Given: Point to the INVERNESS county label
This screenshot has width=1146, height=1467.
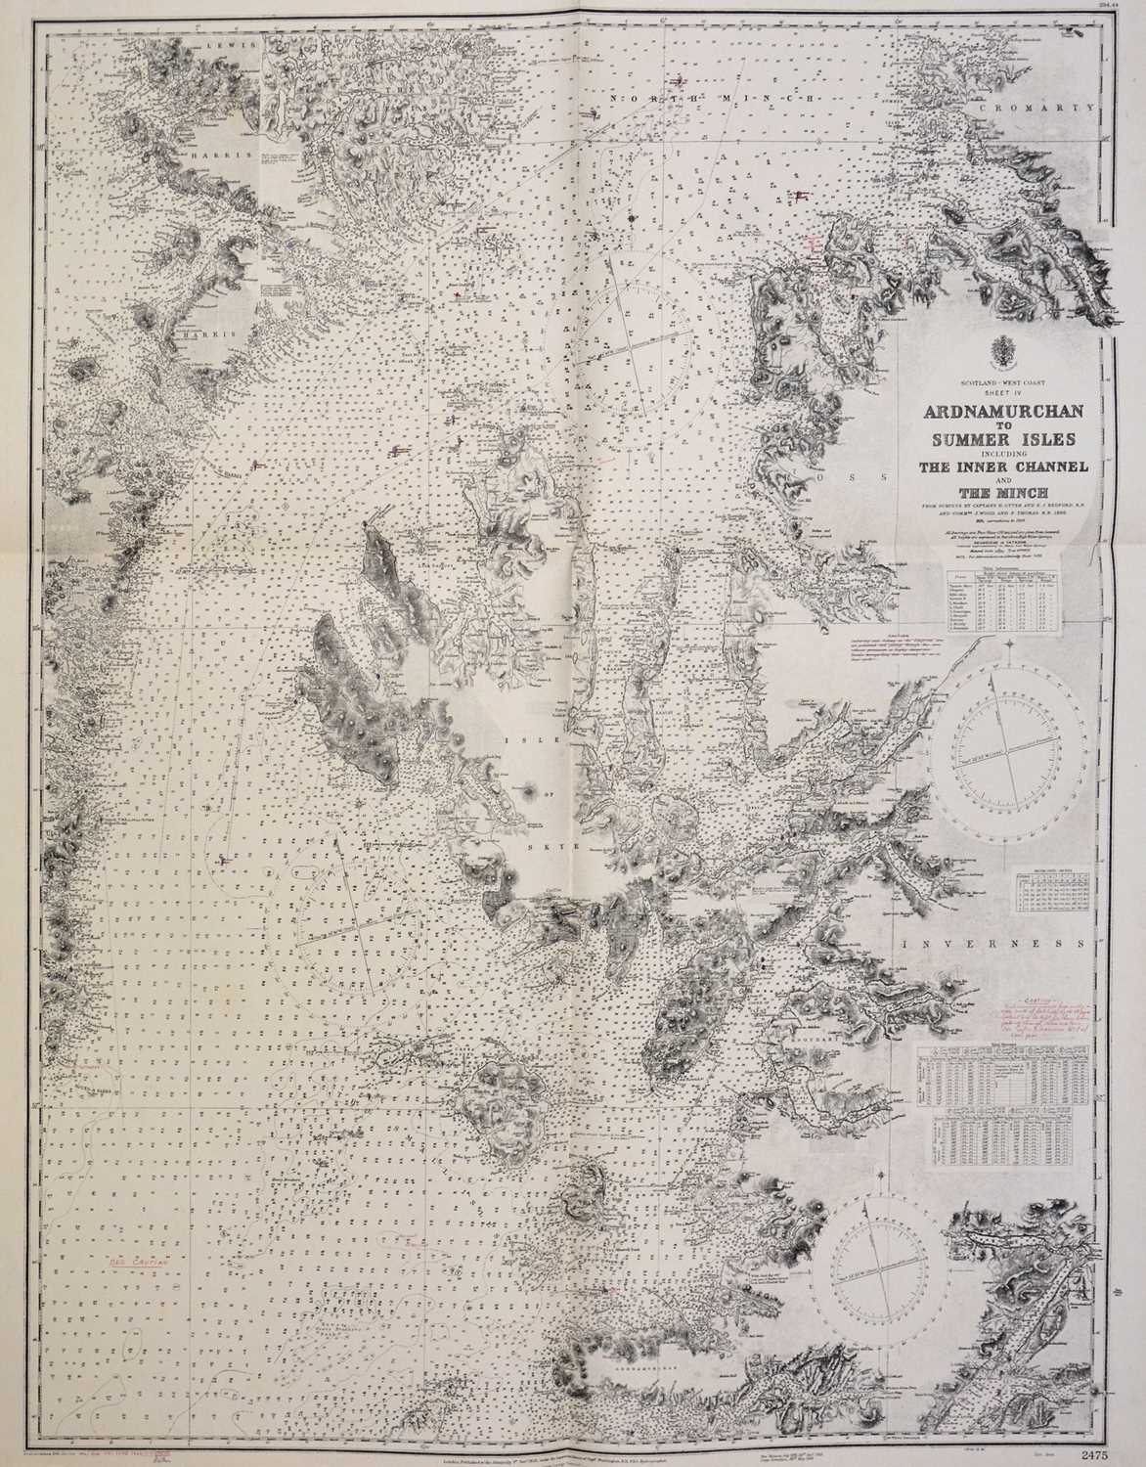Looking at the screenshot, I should (x=994, y=946).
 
